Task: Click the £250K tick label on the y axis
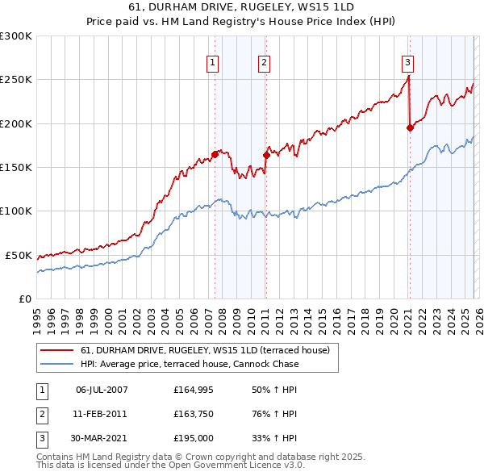pos(16,80)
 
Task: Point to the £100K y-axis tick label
pos(16,211)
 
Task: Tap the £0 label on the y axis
pos(26,299)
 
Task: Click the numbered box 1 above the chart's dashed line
pos(212,62)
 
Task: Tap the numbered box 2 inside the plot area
pos(264,62)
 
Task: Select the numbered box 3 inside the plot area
pos(408,62)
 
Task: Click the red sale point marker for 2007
pos(215,154)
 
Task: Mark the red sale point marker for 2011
pos(266,155)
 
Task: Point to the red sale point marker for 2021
pos(411,127)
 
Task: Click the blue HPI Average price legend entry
pos(190,364)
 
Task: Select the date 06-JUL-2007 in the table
pos(101,390)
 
